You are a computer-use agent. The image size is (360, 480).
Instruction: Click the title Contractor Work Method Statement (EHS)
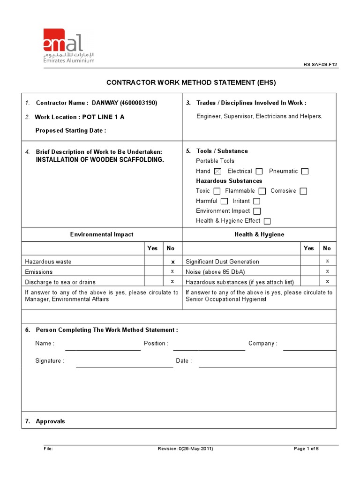point(191,82)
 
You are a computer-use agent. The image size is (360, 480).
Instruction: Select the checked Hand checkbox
point(217,172)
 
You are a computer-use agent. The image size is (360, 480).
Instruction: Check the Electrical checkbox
point(259,172)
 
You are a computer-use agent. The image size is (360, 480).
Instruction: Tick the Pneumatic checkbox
point(305,172)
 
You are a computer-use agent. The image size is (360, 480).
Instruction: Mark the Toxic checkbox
point(217,191)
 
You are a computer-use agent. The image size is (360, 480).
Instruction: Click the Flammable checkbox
point(262,191)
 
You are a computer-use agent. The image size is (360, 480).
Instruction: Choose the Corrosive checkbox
point(303,191)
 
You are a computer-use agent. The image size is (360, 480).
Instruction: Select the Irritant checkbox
point(256,202)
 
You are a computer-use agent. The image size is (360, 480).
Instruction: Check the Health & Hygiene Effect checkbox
point(267,221)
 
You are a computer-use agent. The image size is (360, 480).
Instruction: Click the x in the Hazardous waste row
point(172,262)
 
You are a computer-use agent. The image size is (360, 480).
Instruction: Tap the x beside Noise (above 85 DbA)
point(327,271)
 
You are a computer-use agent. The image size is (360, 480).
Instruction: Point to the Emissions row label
point(39,272)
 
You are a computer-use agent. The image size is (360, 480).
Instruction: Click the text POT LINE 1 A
point(103,117)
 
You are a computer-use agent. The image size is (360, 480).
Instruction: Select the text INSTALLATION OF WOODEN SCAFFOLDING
point(100,160)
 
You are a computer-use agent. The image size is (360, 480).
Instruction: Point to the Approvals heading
point(50,421)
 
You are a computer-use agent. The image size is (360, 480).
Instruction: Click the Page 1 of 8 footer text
point(306,449)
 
